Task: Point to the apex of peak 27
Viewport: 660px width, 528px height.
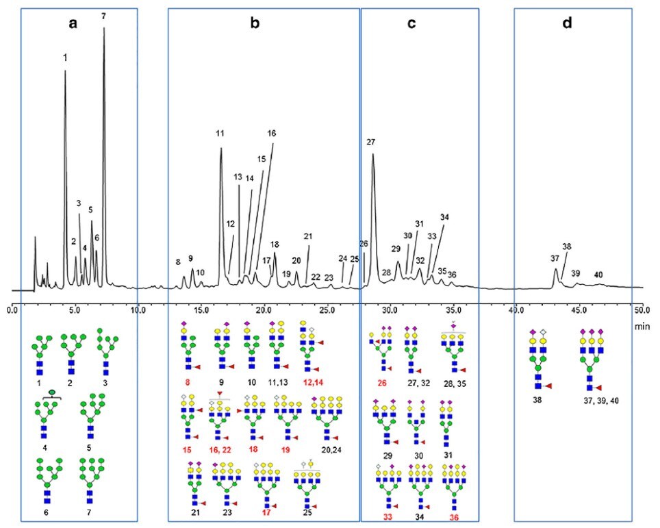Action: pyautogui.click(x=372, y=154)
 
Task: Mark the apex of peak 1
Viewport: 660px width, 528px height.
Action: pyautogui.click(x=65, y=70)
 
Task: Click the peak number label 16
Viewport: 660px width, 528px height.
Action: pyautogui.click(x=272, y=134)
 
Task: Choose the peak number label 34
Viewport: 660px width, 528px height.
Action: pyautogui.click(x=445, y=217)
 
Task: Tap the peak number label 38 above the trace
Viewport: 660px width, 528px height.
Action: pyautogui.click(x=566, y=247)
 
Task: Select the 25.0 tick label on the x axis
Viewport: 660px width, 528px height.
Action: pyautogui.click(x=327, y=311)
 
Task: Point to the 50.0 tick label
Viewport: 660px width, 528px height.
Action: pyautogui.click(x=641, y=311)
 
